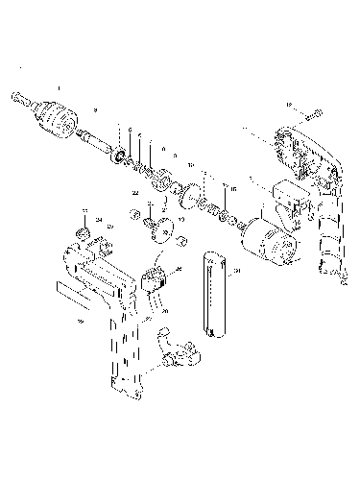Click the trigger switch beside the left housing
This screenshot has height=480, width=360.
[155, 279]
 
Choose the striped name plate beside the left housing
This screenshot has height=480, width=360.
[73, 287]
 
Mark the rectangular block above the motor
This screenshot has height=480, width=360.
[288, 197]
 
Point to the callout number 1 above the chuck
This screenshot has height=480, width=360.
[59, 87]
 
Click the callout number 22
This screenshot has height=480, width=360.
[135, 193]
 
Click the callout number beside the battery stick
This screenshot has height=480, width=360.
[238, 272]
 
